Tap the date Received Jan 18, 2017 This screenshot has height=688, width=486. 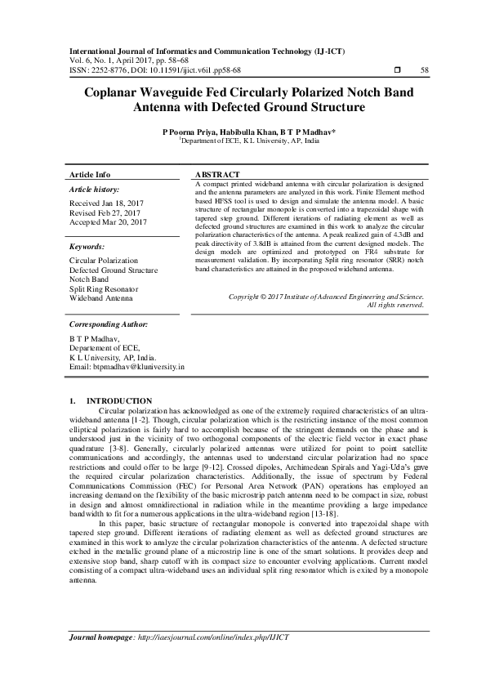pos(107,203)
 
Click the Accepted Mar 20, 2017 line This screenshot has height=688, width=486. pos(108,222)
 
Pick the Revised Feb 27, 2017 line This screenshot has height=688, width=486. pos(106,212)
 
